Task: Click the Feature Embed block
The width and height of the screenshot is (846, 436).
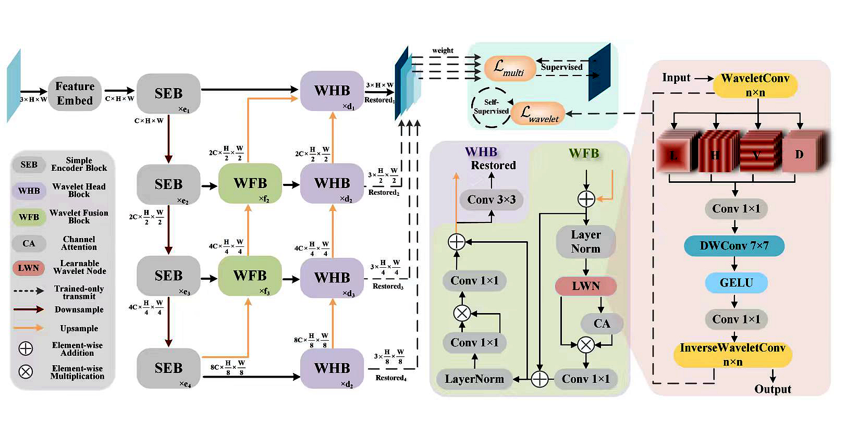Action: [x=75, y=93]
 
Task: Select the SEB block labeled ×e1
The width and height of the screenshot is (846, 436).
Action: [x=168, y=94]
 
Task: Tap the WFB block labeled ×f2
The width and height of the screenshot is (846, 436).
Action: [x=250, y=183]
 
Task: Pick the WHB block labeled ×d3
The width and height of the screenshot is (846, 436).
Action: [x=332, y=278]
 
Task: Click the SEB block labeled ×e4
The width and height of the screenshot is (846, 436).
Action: [x=168, y=368]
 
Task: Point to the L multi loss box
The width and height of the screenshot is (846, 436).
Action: [x=509, y=68]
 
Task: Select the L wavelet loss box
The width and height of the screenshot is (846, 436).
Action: [x=538, y=114]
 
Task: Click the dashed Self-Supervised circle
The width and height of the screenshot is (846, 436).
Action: [x=491, y=107]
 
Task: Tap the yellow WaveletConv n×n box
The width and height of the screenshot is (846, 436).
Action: [x=755, y=85]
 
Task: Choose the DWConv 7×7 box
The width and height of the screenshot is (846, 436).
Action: [x=734, y=246]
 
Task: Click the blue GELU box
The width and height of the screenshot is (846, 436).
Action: [x=736, y=283]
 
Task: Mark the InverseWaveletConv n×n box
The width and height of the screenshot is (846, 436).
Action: [x=732, y=354]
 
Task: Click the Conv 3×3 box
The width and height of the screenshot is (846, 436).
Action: [x=491, y=200]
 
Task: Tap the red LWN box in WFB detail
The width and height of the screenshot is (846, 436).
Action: [x=586, y=286]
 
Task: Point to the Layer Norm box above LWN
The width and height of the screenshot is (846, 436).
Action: [x=586, y=242]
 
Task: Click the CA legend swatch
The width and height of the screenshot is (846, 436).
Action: [x=29, y=243]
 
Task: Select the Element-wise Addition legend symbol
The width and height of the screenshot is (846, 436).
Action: [x=26, y=348]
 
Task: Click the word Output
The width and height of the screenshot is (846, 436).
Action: [x=773, y=389]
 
